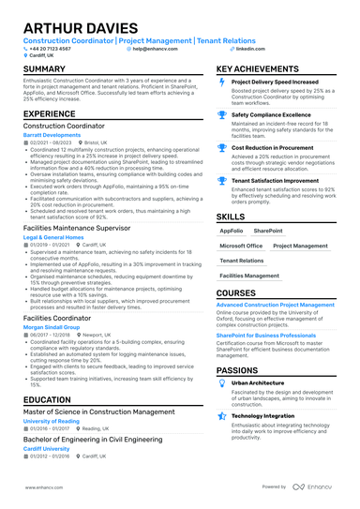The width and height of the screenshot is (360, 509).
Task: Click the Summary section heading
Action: pyautogui.click(x=44, y=70)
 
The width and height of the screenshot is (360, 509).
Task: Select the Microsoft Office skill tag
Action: pyautogui.click(x=241, y=246)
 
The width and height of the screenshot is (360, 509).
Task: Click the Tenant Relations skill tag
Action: pyautogui.click(x=241, y=261)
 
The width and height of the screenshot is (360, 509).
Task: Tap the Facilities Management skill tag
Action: pyautogui.click(x=249, y=277)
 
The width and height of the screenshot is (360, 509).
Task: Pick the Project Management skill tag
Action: pyautogui.click(x=301, y=246)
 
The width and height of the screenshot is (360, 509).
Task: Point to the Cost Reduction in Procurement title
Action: pyautogui.click(x=274, y=147)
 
